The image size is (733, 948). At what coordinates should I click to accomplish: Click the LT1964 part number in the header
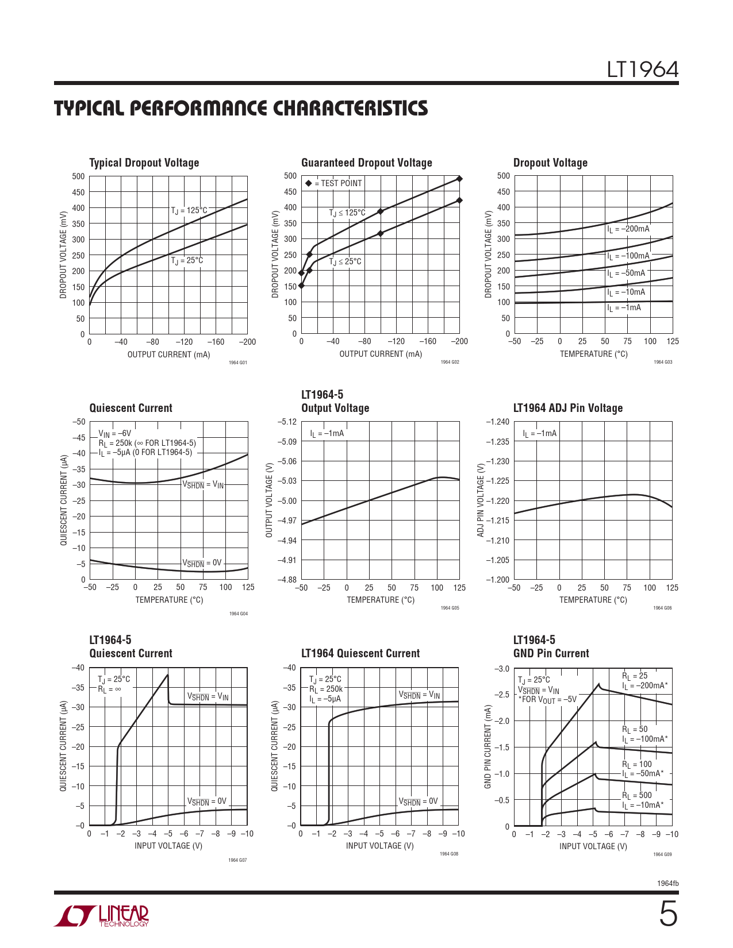pos(643,70)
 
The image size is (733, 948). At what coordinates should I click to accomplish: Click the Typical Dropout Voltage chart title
pos(144,163)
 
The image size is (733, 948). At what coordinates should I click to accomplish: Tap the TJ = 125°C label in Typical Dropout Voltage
pos(189,210)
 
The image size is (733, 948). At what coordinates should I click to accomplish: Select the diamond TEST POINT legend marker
pos(308,183)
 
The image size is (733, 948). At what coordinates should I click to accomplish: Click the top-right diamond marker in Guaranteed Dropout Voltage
pos(459,179)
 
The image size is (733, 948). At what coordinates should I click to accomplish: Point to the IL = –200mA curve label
pos(628,229)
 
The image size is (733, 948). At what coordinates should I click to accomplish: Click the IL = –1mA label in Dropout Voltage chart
pos(624,307)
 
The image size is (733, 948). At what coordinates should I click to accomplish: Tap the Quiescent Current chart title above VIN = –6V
pos(131,408)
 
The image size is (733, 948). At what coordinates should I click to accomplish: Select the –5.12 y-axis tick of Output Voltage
pos(287,422)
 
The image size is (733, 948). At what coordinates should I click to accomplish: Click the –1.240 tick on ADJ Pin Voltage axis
pos(497,422)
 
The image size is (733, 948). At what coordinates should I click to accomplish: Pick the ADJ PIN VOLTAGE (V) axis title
pos(481,500)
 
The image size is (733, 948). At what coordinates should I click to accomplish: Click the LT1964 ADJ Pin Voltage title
pos(568,408)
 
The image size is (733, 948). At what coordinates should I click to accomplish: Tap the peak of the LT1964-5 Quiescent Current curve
pos(168,675)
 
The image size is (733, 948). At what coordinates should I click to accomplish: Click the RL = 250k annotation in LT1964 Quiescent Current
pos(326,689)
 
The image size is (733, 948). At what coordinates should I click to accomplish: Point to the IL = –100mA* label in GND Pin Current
pos(645,739)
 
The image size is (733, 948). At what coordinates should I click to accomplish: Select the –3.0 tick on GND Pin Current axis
pos(502,669)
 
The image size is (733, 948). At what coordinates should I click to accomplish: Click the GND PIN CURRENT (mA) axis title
pos(488,747)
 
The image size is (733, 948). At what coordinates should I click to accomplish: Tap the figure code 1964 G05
pos(450,608)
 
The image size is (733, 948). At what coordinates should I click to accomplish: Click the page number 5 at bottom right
pos(667,914)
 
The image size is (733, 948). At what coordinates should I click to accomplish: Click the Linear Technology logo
pos(102,916)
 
